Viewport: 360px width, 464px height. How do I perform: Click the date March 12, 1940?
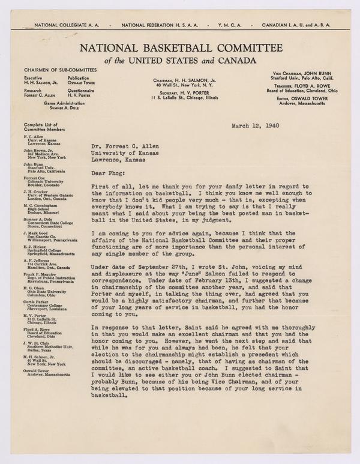(x=256, y=127)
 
